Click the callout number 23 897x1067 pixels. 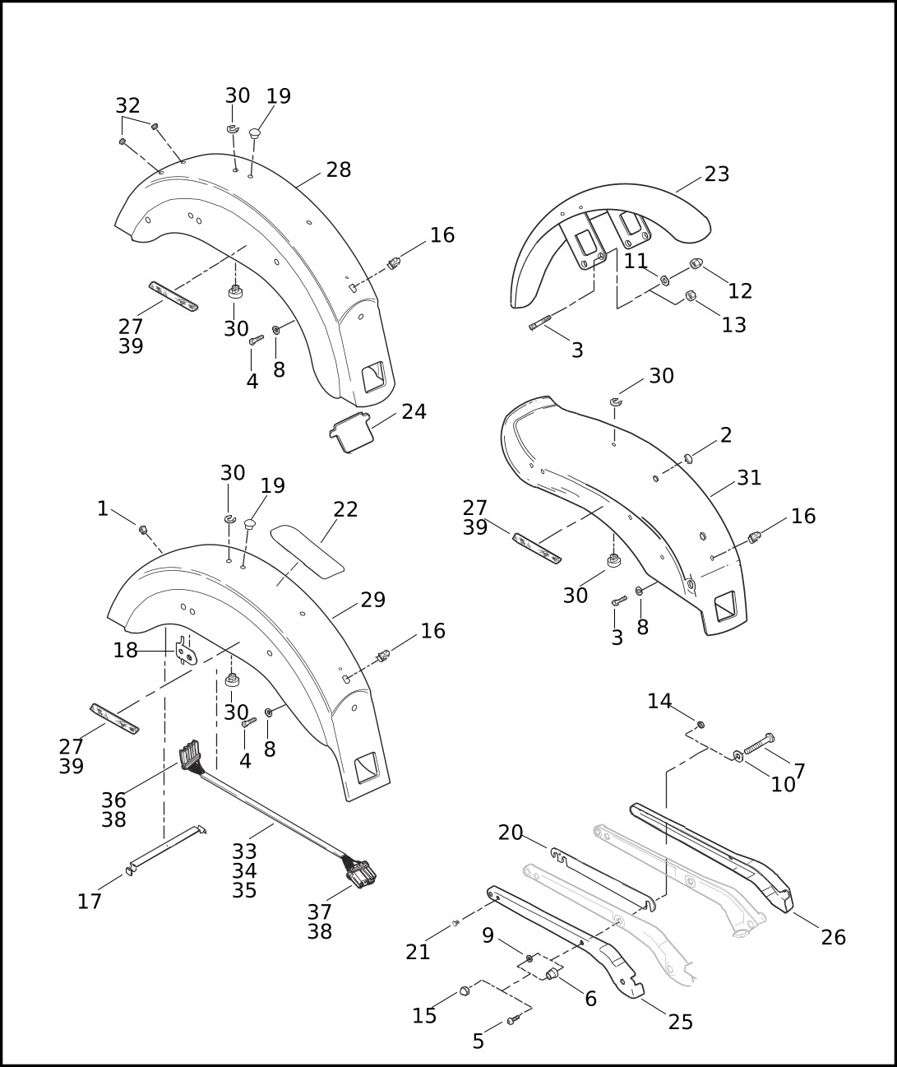click(x=716, y=174)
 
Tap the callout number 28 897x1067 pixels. click(x=338, y=169)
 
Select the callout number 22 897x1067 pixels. click(x=345, y=509)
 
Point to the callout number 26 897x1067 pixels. click(x=833, y=937)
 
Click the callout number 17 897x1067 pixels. click(x=90, y=902)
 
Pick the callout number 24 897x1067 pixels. click(x=414, y=411)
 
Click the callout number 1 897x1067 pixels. click(x=103, y=508)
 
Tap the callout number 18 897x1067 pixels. click(x=125, y=650)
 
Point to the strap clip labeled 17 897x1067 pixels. click(x=164, y=847)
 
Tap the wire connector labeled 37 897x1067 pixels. click(x=359, y=873)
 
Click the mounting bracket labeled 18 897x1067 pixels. click(x=187, y=650)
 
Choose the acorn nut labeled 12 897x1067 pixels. click(x=694, y=265)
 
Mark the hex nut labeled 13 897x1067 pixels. click(x=691, y=296)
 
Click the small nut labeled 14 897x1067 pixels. click(x=700, y=725)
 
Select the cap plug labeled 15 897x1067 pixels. click(x=463, y=990)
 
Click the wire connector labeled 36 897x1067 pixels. click(x=189, y=757)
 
